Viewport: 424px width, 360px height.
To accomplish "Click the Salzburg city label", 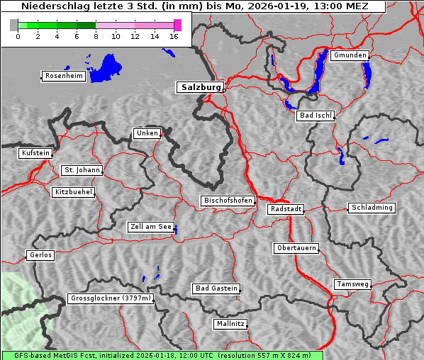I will click(x=200, y=87).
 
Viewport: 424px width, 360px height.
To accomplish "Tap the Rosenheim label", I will click(x=63, y=76).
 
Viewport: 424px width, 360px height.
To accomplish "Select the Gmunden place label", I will click(x=350, y=55).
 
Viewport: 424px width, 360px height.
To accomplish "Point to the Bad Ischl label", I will click(x=315, y=116).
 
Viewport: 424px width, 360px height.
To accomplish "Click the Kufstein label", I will click(x=35, y=153).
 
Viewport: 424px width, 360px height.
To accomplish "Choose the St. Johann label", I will click(x=82, y=170).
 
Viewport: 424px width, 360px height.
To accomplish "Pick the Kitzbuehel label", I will click(x=73, y=192).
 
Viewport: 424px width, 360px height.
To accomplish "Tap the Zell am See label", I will click(x=151, y=227).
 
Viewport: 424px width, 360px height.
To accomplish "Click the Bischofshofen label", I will click(x=228, y=201).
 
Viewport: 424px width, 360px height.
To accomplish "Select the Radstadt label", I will click(x=286, y=209).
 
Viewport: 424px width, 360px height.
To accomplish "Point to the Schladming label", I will click(x=371, y=208).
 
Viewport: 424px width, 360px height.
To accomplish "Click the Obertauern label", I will click(x=296, y=248).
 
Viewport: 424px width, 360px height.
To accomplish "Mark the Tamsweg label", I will click(x=352, y=284).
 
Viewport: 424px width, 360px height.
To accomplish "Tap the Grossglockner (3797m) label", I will click(x=111, y=299).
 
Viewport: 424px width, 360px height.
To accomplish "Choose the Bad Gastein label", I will click(x=216, y=288).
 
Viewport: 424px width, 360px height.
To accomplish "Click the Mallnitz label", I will click(x=230, y=324).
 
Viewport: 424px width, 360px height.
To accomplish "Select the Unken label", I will click(x=147, y=133).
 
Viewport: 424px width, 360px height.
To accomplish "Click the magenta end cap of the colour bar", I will click(x=177, y=25).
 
